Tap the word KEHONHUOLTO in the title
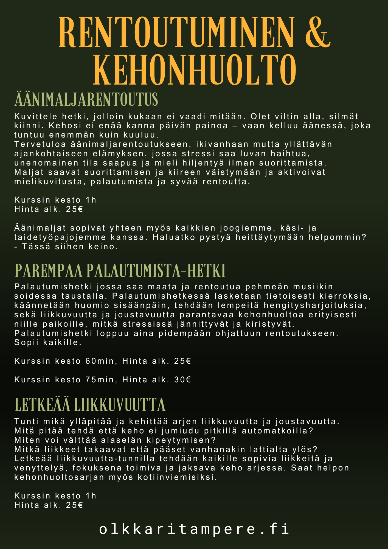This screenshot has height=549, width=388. [x=194, y=70]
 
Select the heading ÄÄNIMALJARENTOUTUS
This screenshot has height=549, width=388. [x=86, y=100]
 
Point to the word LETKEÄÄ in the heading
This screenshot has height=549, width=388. [x=42, y=405]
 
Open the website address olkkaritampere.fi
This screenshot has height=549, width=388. [x=194, y=529]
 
